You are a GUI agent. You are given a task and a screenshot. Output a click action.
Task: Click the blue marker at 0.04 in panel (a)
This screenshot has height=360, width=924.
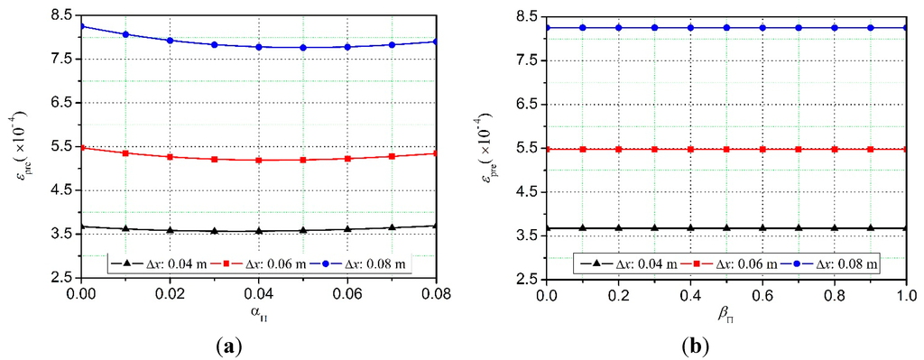[x=259, y=47]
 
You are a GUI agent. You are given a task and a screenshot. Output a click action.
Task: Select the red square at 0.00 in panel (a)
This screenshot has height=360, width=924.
[x=81, y=147]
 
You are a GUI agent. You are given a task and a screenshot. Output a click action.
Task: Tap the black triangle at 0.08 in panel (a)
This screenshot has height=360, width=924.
[x=436, y=226]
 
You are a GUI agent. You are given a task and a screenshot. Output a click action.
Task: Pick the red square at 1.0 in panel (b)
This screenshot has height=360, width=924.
[x=907, y=149]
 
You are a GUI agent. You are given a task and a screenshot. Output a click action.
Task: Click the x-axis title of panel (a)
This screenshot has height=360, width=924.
[x=259, y=313]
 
